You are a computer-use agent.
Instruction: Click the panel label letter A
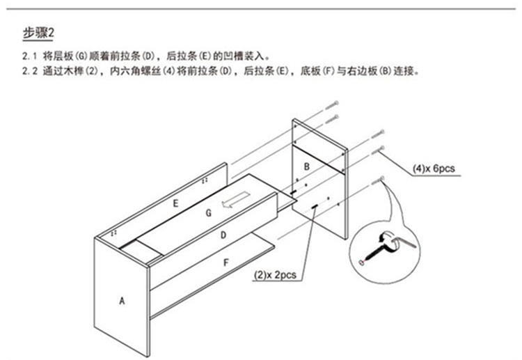coord(122,301)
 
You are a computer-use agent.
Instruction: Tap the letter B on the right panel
coord(306,166)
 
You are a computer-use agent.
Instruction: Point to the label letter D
coord(223,235)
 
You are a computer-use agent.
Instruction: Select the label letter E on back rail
coord(177,203)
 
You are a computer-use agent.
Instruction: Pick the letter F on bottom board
coord(225,263)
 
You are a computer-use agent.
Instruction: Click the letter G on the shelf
coord(208,212)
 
